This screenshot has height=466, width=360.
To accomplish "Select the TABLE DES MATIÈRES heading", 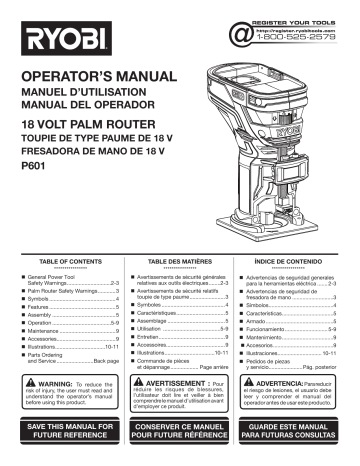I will tap(180, 259).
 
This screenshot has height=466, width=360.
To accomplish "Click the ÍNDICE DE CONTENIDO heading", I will tap(299, 259).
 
